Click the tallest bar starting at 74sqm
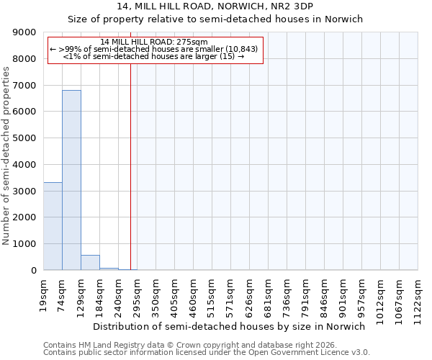coord(71,180)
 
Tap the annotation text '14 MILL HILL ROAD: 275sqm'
coord(154,42)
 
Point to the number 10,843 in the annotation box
coord(243,48)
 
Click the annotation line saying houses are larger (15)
coord(154,55)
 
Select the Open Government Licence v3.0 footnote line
coord(207,353)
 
